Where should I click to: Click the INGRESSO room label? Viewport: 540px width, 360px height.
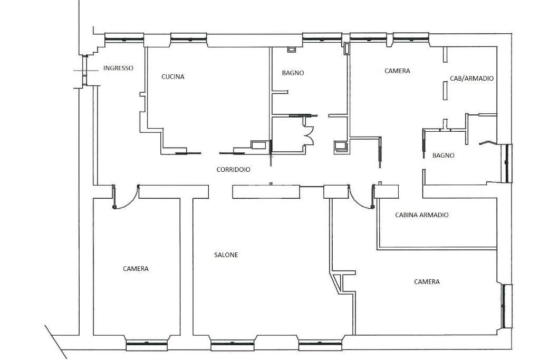118,68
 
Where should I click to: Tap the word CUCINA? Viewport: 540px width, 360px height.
173,77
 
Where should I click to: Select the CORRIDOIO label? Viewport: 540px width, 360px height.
234,170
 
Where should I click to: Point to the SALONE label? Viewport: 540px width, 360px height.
226,255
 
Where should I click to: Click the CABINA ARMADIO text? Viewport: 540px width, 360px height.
422,215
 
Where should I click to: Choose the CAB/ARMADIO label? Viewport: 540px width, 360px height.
472,79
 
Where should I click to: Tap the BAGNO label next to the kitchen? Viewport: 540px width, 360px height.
293,73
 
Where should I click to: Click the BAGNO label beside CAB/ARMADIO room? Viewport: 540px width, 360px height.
443,155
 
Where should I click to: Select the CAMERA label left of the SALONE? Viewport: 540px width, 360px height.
136,269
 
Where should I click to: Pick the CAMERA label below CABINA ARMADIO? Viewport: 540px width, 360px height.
427,282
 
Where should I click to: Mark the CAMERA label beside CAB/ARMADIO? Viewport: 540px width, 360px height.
398,71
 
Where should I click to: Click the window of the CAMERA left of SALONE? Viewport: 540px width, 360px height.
147,343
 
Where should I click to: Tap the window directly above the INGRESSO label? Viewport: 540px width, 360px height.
124,38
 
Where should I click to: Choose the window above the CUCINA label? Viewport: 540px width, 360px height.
189,38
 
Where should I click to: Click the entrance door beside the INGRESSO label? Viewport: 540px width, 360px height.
85,71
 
